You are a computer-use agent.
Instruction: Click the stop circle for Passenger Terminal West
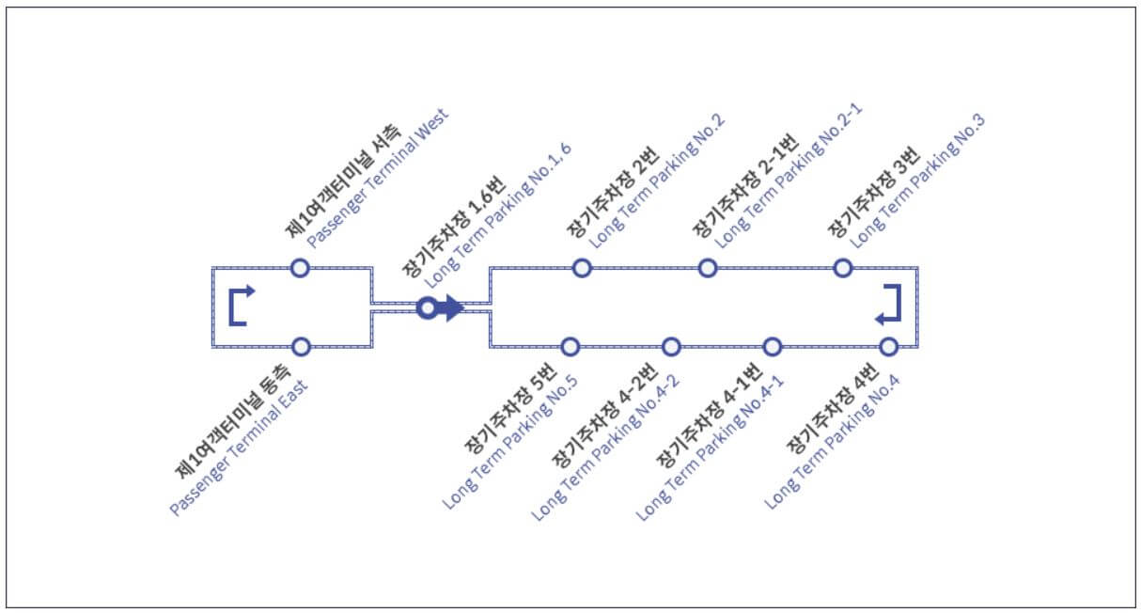pos(299,268)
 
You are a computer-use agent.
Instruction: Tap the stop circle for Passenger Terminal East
pos(301,347)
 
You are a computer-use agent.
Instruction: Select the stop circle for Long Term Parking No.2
pos(582,268)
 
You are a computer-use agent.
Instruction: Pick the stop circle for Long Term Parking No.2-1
pos(708,268)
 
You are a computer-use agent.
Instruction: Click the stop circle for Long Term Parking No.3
pos(843,268)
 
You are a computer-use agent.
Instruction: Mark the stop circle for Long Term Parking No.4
pos(888,347)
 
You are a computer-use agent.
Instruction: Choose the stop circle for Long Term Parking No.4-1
pos(772,347)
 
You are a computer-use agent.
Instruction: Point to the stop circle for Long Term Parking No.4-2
pos(671,347)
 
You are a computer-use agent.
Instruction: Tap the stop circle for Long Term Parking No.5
pos(570,347)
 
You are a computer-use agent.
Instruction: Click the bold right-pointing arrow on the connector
pos(451,307)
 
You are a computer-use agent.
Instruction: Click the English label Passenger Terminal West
pos(378,177)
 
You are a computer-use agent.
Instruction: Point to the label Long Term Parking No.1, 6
pos(498,215)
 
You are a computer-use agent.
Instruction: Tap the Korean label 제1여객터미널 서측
pos(344,180)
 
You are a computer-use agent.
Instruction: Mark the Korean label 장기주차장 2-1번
pos(746,185)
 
